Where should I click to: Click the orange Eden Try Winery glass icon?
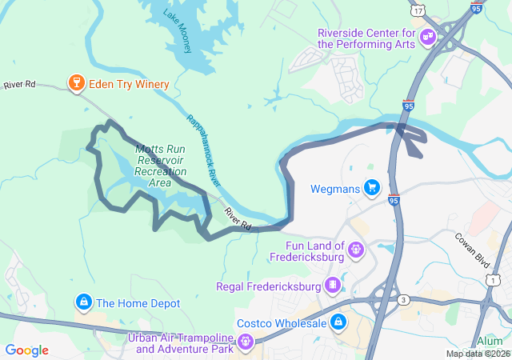point(76,84)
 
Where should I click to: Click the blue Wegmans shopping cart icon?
point(371,188)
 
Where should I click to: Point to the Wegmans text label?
point(334,190)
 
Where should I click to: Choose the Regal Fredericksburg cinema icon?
point(331,285)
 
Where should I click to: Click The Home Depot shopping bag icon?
point(82,302)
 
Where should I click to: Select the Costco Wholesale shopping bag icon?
point(338,322)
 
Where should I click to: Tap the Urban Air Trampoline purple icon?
point(246,343)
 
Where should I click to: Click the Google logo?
point(26,350)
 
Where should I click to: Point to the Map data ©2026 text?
point(478,354)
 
